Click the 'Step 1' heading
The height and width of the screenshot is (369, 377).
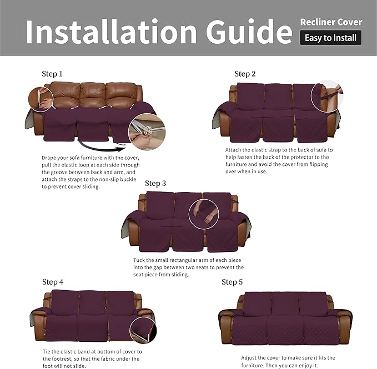click(52, 74)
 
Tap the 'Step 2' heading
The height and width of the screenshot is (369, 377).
click(245, 74)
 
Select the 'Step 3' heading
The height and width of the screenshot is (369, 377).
click(155, 183)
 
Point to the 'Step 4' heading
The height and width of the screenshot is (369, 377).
click(53, 282)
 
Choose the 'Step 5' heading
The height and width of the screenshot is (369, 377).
click(232, 282)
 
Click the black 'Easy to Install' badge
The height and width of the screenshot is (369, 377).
click(330, 38)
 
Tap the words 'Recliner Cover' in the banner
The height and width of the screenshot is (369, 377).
click(331, 22)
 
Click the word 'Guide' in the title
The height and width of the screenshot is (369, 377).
click(249, 32)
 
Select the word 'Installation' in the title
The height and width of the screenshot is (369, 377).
click(110, 32)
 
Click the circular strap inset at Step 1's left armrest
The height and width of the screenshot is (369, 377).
click(41, 99)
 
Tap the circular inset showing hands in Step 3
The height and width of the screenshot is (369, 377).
click(203, 214)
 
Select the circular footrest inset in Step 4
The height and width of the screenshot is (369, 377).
click(143, 330)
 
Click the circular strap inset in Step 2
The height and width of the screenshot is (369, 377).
click(327, 96)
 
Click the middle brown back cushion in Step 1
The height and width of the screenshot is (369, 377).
click(93, 95)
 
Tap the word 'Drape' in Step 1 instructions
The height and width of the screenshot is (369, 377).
click(49, 158)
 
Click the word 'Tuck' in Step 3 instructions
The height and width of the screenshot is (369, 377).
click(139, 260)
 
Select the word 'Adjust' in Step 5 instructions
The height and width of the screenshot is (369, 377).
click(249, 358)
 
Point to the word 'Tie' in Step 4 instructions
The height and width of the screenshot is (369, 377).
click(47, 351)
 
